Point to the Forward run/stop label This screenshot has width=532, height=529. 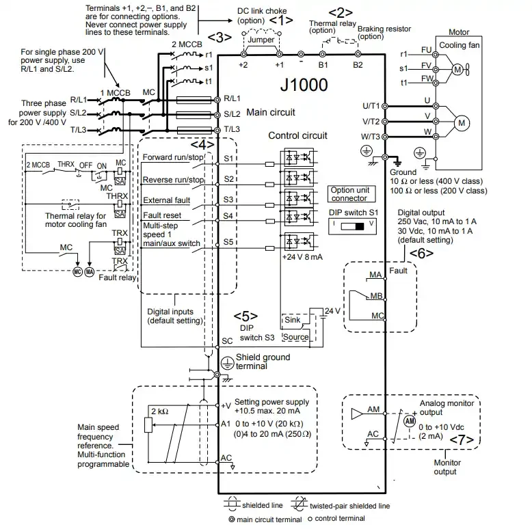tap(173, 158)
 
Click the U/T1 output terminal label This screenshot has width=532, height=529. tap(369, 105)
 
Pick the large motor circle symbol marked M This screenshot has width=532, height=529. tap(461, 123)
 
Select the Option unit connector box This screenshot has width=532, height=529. tap(349, 193)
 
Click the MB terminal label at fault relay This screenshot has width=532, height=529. tap(375, 297)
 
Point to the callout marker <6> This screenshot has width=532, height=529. tap(421, 253)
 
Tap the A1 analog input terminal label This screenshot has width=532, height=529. tap(226, 424)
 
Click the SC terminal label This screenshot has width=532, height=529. tap(228, 340)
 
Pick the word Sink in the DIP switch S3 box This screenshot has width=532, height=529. tap(293, 320)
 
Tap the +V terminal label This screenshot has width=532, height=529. tap(226, 405)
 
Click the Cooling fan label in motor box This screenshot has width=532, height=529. tap(471, 45)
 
